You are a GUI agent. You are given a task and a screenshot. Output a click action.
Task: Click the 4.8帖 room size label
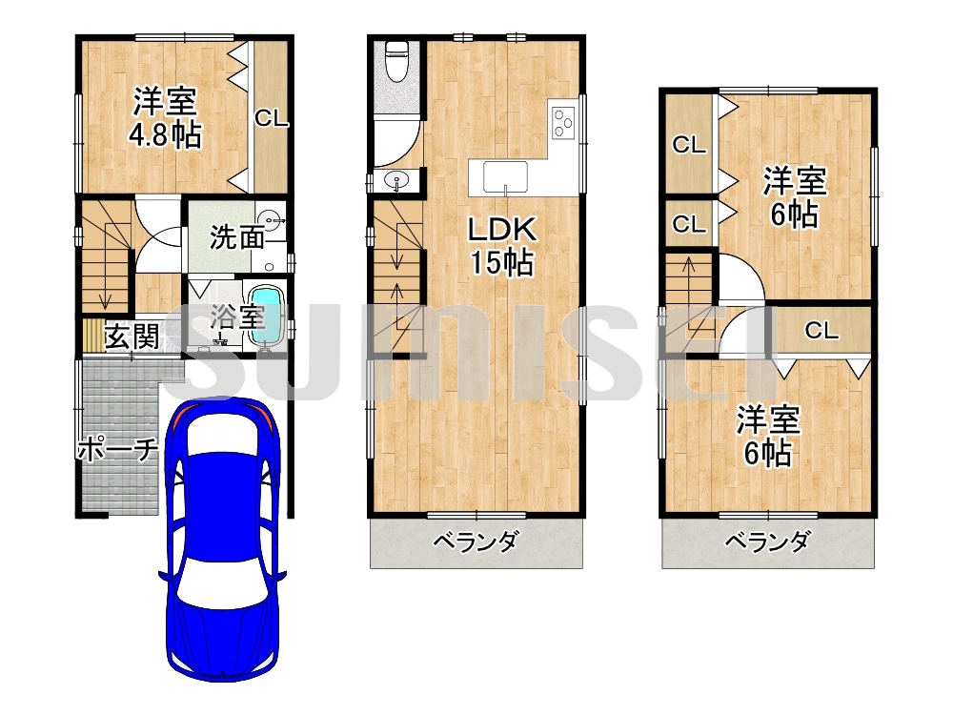pos(165,135)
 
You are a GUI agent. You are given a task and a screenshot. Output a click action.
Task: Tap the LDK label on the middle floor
pos(502,230)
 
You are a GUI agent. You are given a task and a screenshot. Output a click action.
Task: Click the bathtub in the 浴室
pos(267,317)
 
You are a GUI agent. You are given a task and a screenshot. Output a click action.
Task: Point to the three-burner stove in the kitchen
pos(563,122)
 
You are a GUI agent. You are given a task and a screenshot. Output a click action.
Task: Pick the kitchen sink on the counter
pos(505,177)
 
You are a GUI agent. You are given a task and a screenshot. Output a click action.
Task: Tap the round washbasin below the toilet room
pos(397,180)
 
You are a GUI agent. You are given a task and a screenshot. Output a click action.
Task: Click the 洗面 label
pos(237,237)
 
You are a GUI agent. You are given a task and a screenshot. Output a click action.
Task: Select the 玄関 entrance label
pos(132,337)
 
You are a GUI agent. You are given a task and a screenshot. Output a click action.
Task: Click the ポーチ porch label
pos(118,450)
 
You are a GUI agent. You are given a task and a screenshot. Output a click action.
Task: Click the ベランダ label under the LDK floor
pos(476,540)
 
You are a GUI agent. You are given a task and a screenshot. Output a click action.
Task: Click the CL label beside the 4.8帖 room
pos(271,118)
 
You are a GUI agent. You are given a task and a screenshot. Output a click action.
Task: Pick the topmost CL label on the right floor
pos(689,145)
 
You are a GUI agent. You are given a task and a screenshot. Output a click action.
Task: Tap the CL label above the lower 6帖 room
pos(821,330)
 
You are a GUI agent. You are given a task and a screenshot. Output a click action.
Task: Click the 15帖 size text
pos(502,263)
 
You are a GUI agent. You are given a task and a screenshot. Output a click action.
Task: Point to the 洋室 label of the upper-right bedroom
pos(795,180)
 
